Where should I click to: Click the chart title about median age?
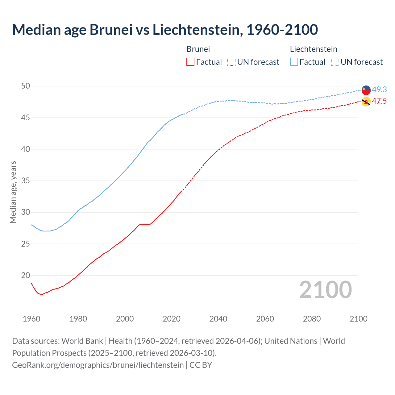pyautogui.click(x=165, y=30)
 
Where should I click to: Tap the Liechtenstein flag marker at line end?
pyautogui.click(x=366, y=90)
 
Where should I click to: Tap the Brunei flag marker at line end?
pyautogui.click(x=366, y=102)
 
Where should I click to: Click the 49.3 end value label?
pyautogui.click(x=379, y=90)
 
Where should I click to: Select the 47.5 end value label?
pyautogui.click(x=379, y=101)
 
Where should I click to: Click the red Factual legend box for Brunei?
pyautogui.click(x=190, y=62)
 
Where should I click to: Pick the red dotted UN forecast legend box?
pyautogui.click(x=231, y=62)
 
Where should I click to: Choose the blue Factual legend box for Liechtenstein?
pyautogui.click(x=294, y=62)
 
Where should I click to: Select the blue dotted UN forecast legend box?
pyautogui.click(x=335, y=62)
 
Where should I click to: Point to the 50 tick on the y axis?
pyautogui.click(x=26, y=86)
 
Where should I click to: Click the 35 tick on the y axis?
pyautogui.click(x=26, y=181)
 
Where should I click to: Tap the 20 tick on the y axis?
pyautogui.click(x=26, y=276)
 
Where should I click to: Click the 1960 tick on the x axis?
pyautogui.click(x=31, y=319)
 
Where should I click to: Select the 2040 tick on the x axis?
pyautogui.click(x=218, y=319)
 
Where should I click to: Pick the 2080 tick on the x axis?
pyautogui.click(x=312, y=319)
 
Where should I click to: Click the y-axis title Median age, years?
pyautogui.click(x=13, y=192)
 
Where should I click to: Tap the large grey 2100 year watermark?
pyautogui.click(x=325, y=290)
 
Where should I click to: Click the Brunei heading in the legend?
pyautogui.click(x=198, y=49)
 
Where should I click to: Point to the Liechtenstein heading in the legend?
pyautogui.click(x=313, y=49)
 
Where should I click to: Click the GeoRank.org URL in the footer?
pyautogui.click(x=98, y=365)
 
